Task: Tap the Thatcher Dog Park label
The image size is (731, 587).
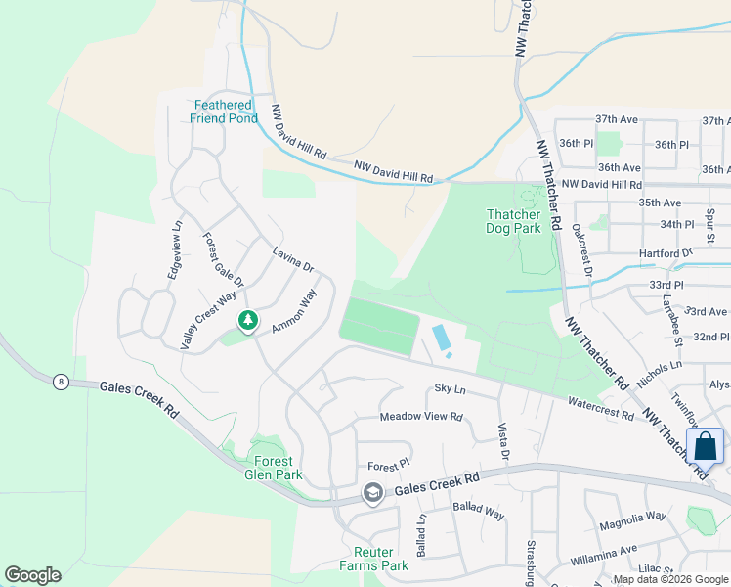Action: (513, 221)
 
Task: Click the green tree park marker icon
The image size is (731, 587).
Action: (248, 321)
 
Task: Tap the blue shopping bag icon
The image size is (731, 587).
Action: (706, 446)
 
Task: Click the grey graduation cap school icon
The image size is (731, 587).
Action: (371, 494)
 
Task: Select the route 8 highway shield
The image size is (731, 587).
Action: (62, 383)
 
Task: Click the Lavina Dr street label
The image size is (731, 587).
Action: (292, 259)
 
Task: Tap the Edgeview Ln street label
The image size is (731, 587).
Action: (176, 250)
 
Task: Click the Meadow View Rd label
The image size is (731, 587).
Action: (420, 417)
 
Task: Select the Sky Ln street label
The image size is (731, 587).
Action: (450, 389)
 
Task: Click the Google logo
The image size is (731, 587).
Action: (32, 575)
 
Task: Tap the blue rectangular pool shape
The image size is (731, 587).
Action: (442, 339)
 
